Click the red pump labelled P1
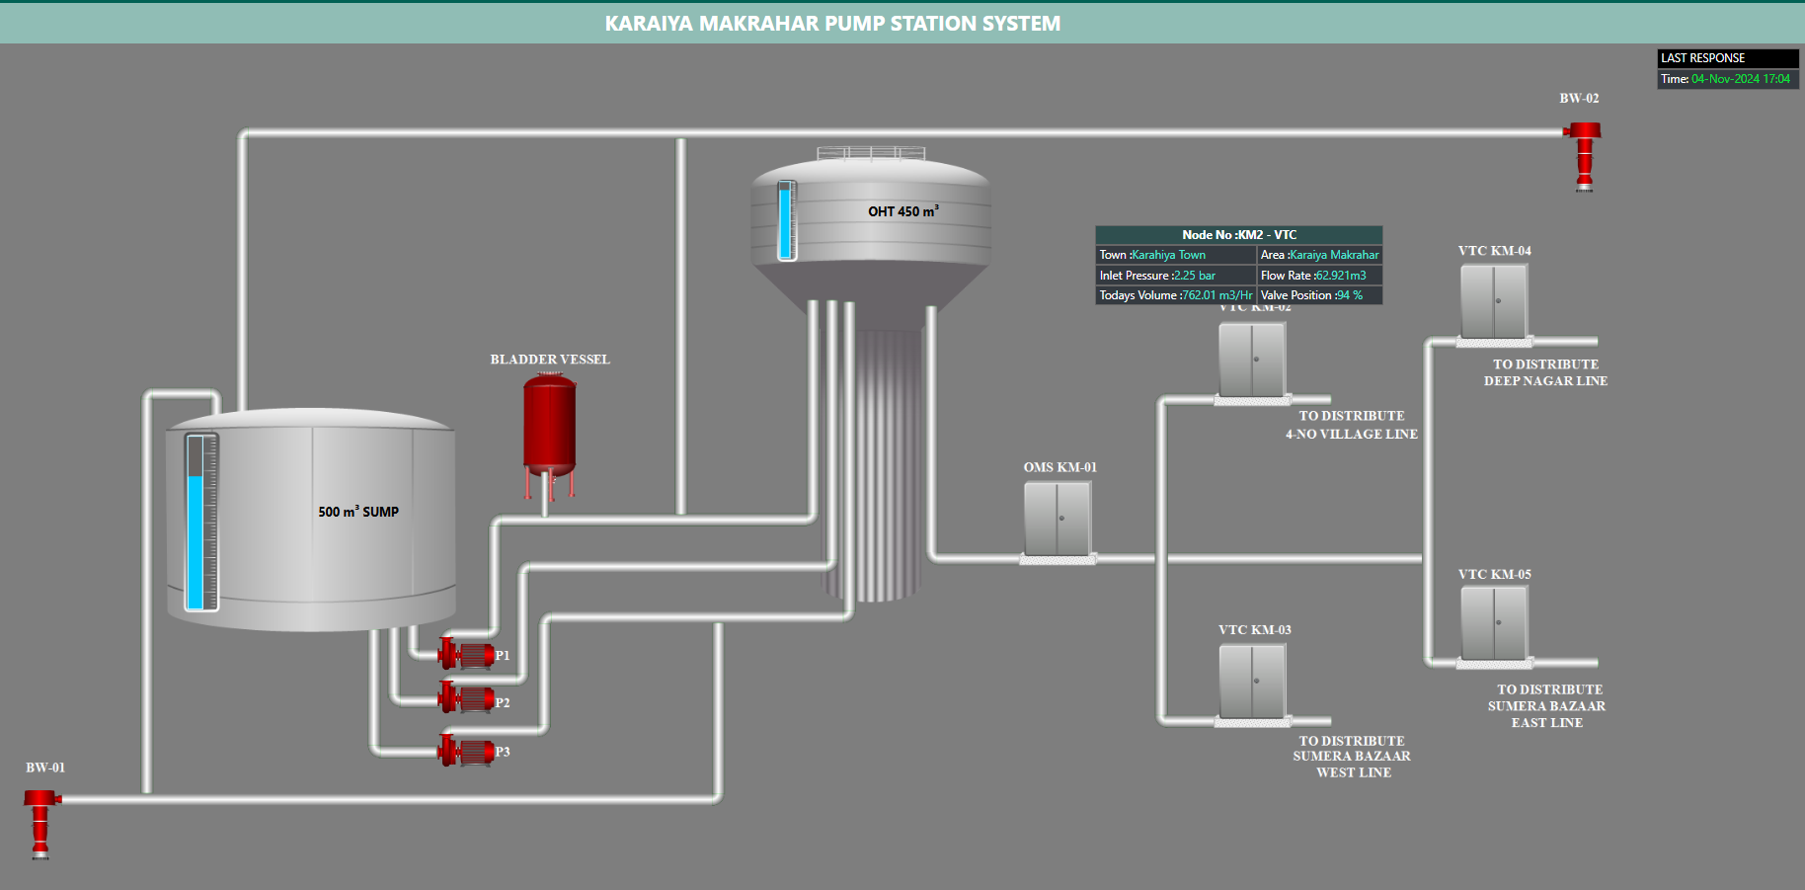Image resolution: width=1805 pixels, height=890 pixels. coord(467,654)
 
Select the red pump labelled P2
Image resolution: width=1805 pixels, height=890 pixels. coord(467,699)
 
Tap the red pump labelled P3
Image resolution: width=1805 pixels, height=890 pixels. coord(467,752)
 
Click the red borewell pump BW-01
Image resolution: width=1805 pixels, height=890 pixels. coord(40,820)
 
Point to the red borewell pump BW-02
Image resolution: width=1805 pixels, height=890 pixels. coord(1584,154)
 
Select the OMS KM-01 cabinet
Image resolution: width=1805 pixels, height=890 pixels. coord(1058,520)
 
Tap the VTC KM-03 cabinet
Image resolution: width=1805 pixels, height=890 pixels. coord(1252,682)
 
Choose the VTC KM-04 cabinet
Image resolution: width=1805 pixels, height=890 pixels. coord(1494,302)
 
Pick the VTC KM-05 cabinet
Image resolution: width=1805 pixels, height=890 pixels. coord(1494,623)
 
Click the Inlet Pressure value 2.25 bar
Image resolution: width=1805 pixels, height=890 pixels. coord(1195,276)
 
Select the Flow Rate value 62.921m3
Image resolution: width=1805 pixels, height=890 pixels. coord(1341,276)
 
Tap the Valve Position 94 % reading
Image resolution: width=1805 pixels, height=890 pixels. coord(1350,295)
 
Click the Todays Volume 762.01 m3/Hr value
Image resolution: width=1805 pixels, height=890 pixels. coord(1216,295)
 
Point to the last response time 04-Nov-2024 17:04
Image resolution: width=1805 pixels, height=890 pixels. coord(1740,79)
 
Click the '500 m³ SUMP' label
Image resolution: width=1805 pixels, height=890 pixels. coord(358,512)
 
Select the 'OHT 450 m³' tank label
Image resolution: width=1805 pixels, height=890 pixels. coord(902,211)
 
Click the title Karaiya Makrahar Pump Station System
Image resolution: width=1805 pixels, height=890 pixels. coord(832,24)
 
